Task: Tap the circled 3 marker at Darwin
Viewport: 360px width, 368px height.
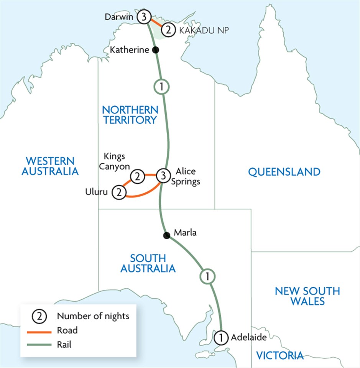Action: (143, 17)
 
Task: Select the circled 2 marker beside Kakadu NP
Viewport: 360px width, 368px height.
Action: (167, 30)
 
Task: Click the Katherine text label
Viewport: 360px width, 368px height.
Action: (130, 50)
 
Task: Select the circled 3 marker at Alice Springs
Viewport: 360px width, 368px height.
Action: (163, 176)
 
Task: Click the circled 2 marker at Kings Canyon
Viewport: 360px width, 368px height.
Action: (137, 176)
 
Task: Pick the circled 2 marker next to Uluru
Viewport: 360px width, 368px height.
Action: (118, 192)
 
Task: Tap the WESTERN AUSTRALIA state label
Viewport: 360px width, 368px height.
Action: (50, 166)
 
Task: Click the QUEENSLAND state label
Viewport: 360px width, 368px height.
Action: (284, 172)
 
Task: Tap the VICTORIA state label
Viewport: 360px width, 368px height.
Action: (280, 355)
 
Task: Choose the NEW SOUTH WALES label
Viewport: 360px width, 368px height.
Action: (307, 296)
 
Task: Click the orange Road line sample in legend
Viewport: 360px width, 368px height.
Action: (41, 330)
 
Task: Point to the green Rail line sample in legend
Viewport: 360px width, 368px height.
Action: (41, 345)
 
